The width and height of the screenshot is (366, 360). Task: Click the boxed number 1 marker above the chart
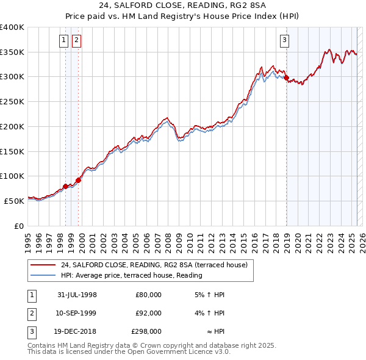click(64, 41)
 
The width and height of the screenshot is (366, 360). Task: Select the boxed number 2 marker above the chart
click(76, 41)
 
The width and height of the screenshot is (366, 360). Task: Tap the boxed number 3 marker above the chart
click(285, 41)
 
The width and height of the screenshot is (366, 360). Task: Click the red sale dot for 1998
click(66, 186)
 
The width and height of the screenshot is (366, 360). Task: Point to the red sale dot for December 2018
click(286, 78)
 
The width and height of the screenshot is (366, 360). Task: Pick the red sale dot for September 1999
click(78, 180)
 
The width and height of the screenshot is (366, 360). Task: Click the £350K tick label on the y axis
click(12, 52)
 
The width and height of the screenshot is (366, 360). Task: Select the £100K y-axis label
click(12, 176)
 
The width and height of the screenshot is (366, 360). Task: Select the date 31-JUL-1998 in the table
click(77, 295)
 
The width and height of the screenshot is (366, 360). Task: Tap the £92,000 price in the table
click(148, 313)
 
